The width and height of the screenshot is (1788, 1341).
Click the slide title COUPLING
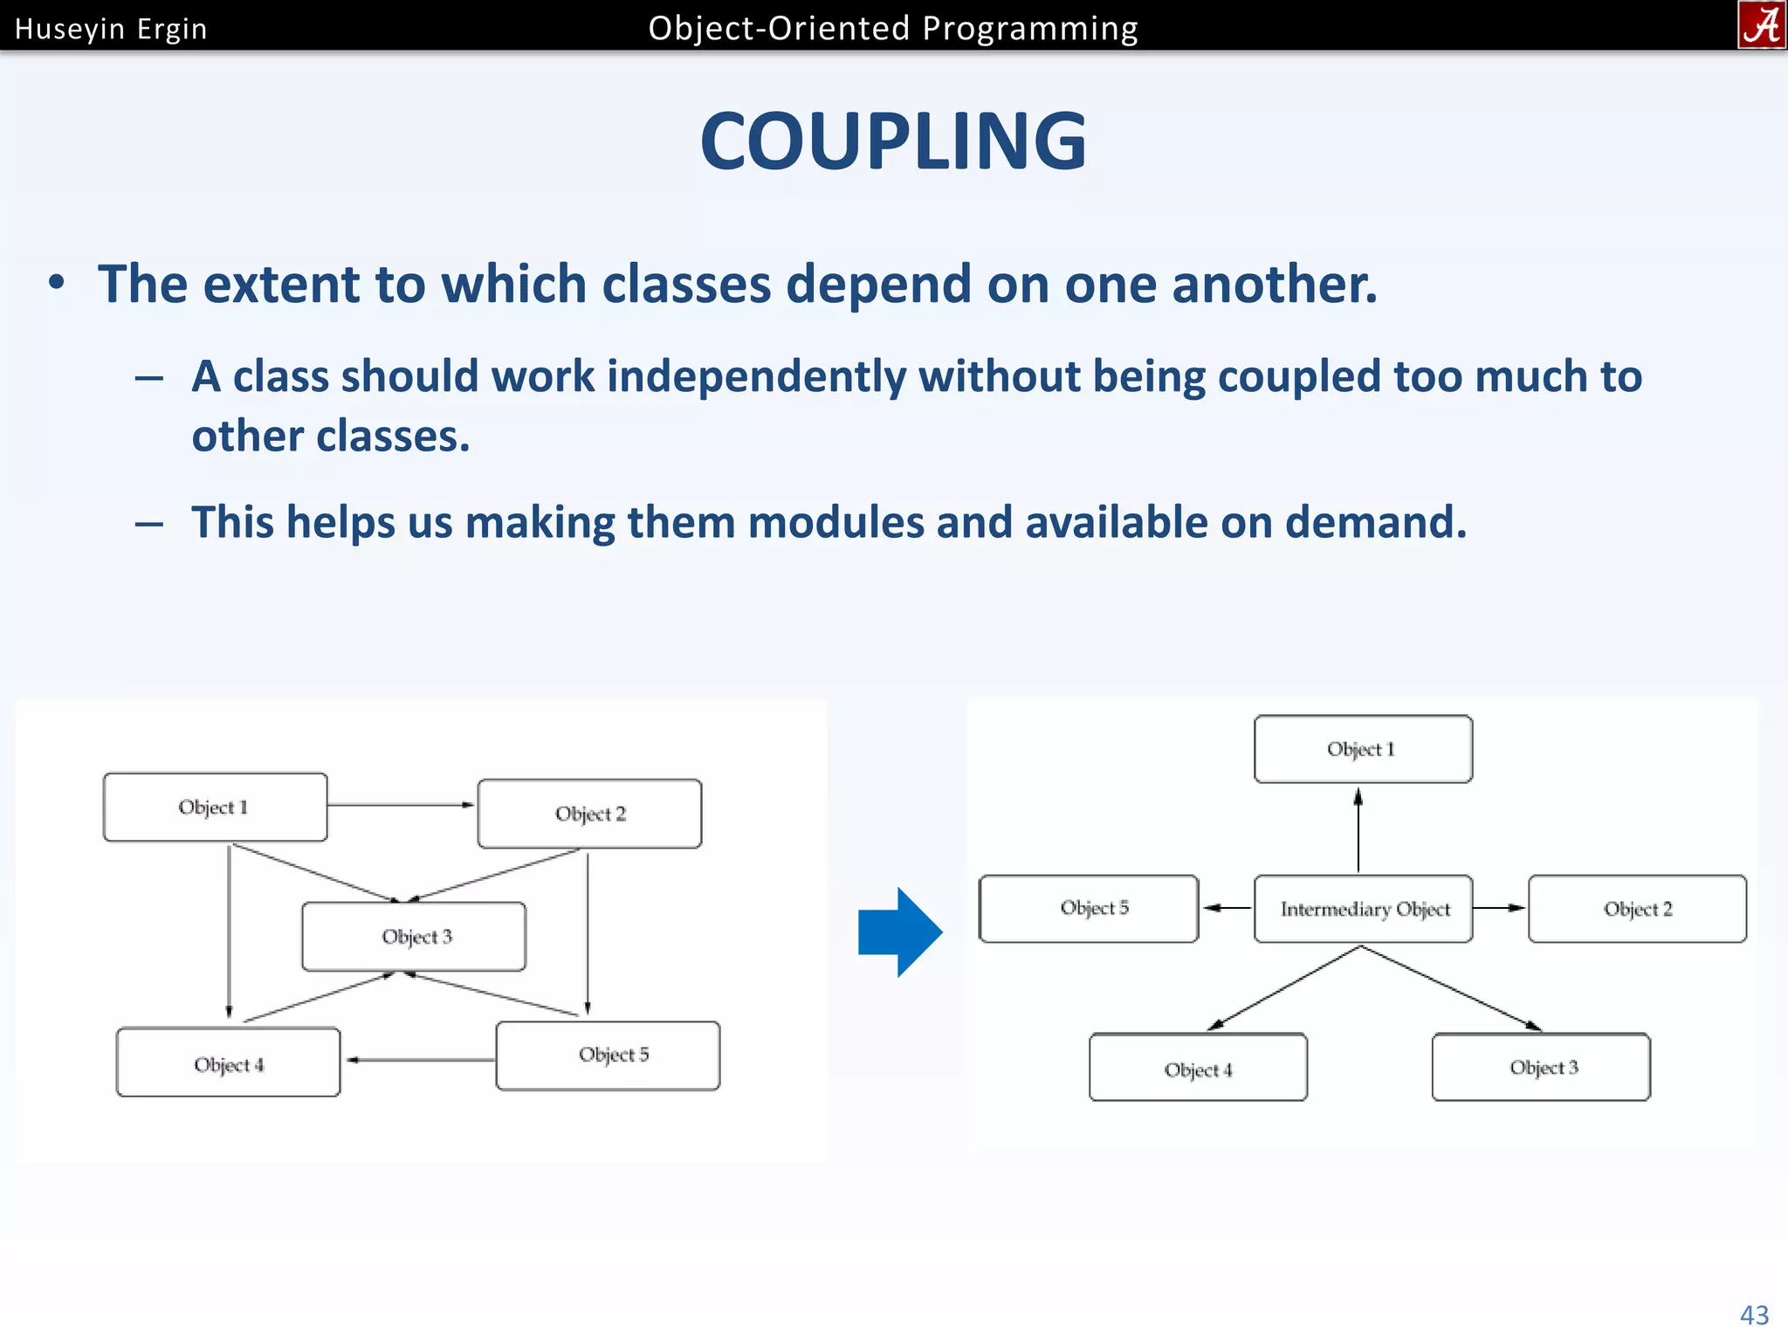(x=893, y=141)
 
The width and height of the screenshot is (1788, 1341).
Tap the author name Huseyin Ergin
(x=111, y=29)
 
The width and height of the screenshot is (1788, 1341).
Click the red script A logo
(x=1761, y=24)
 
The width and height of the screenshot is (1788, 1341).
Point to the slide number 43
(x=1754, y=1314)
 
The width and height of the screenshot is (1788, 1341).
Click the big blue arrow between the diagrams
(x=900, y=932)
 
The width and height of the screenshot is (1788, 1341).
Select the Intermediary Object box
(x=1363, y=909)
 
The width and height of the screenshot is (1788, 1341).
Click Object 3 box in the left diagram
(x=415, y=936)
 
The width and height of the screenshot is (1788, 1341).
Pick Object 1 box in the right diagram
(x=1362, y=749)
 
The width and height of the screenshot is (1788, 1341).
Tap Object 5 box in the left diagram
(x=608, y=1055)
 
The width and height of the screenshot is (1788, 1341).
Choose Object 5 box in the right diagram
(x=1089, y=908)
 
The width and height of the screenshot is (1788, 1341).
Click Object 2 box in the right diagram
(x=1637, y=909)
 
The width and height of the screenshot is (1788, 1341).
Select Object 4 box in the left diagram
(x=228, y=1062)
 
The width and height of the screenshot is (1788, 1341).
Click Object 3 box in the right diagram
(x=1541, y=1067)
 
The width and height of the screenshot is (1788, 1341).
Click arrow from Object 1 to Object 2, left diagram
(x=402, y=804)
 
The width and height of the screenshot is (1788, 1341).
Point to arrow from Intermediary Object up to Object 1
(x=1358, y=829)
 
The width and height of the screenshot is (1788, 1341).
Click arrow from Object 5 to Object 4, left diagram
(x=419, y=1060)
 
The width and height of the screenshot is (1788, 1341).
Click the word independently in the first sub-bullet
(x=756, y=377)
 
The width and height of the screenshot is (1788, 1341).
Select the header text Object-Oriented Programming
(x=892, y=29)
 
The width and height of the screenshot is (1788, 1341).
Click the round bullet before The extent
(x=57, y=283)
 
